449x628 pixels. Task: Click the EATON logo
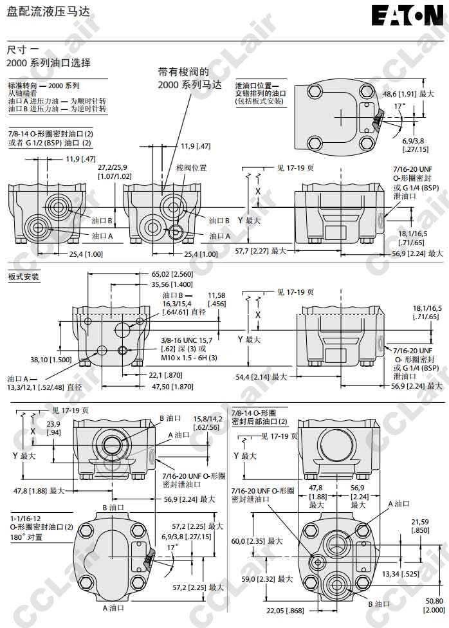[408, 16]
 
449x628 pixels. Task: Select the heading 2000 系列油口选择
[48, 63]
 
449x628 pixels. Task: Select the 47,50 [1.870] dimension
[172, 387]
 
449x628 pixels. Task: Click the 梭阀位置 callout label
[192, 168]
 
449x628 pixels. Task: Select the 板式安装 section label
[23, 277]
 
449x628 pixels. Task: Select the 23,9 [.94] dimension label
[53, 428]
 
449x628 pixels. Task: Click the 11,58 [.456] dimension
[217, 299]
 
